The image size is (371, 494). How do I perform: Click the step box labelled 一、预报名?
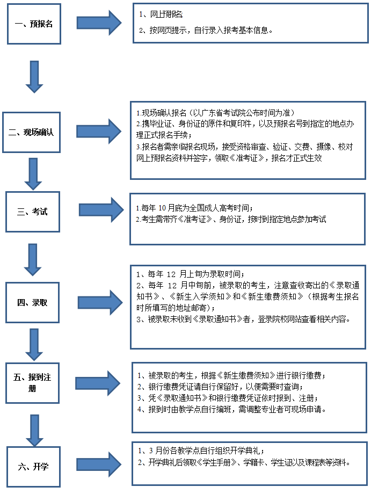coord(34,24)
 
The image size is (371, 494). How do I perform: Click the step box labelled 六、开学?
coord(33,466)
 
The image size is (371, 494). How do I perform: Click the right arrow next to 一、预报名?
coord(99,22)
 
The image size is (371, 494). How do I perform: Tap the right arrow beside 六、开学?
coord(100,463)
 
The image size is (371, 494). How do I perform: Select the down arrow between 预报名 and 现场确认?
coord(34,77)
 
